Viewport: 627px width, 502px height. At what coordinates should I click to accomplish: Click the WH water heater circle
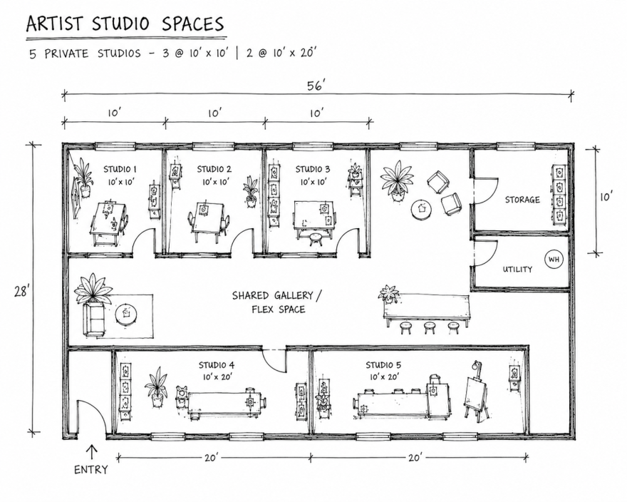[x=554, y=260]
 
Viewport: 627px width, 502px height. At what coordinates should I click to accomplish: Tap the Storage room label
[x=522, y=200]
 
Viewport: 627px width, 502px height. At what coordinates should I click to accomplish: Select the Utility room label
[x=517, y=270]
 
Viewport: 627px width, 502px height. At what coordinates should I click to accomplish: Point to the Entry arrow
[x=92, y=451]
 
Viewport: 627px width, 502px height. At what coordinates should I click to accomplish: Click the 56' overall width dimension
[x=316, y=86]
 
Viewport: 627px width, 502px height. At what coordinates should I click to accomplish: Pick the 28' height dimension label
[x=22, y=292]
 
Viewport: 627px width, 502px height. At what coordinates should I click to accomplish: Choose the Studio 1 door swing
[x=144, y=241]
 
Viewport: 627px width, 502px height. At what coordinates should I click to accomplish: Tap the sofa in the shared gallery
[x=95, y=319]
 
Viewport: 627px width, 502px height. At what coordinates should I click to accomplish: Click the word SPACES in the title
[x=193, y=24]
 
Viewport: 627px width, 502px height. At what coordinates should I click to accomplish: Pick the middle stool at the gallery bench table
[x=430, y=327]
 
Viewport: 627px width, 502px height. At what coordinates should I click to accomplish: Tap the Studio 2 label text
[x=214, y=169]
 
